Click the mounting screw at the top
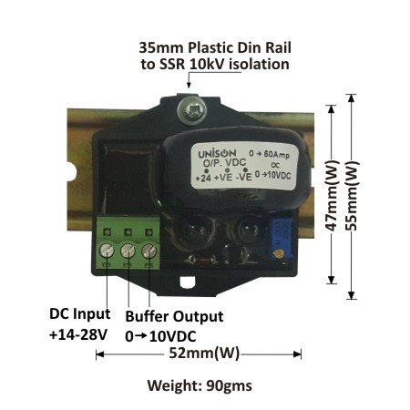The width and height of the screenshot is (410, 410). (x=191, y=110)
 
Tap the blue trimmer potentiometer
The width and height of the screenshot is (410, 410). (x=280, y=239)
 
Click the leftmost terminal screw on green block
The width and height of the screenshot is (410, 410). (x=107, y=251)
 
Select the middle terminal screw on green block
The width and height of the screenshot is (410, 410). (x=128, y=251)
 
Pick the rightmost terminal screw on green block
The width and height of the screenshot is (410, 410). (x=149, y=251)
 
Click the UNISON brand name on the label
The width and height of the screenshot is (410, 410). (x=217, y=154)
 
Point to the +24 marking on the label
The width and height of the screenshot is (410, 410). (x=203, y=178)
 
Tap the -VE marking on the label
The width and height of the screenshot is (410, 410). (x=244, y=177)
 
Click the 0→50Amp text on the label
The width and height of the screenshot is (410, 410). (x=269, y=154)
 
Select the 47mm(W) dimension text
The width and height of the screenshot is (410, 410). (x=332, y=195)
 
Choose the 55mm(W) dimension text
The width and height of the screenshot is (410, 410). (x=353, y=195)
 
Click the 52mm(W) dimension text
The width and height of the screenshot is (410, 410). (x=204, y=354)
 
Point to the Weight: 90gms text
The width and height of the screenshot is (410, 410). (x=200, y=385)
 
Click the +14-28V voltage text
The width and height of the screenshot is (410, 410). (x=78, y=335)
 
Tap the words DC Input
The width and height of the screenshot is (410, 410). (x=79, y=313)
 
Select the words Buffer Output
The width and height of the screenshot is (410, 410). (x=174, y=316)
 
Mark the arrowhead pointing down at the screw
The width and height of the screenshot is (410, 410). (x=189, y=85)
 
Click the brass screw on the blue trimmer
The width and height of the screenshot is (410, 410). (x=278, y=253)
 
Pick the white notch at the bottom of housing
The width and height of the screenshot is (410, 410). (x=188, y=282)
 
